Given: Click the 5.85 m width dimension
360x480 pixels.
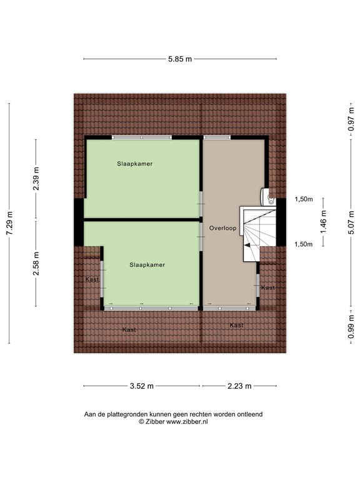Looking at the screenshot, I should click(x=179, y=59).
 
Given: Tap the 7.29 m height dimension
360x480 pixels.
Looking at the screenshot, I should click(x=9, y=223).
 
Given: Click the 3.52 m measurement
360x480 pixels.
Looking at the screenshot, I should click(x=142, y=386).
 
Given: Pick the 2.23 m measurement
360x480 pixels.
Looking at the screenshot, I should click(x=239, y=386).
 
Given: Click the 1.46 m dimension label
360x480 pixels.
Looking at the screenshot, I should click(x=324, y=222).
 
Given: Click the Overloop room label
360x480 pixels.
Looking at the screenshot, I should click(x=223, y=228).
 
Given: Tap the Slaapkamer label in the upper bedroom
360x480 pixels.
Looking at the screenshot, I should click(x=135, y=164).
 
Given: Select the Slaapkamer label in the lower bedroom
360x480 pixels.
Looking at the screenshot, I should click(x=147, y=265).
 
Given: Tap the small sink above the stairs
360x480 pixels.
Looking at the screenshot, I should click(x=270, y=198).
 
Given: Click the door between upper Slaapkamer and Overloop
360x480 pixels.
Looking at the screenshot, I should click(x=201, y=200).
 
